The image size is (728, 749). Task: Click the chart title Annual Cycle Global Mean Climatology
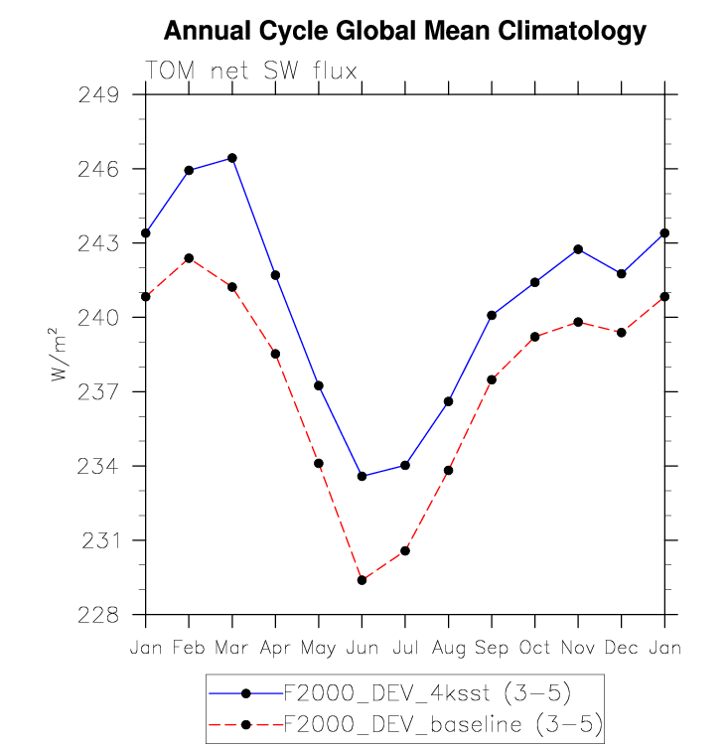(404, 32)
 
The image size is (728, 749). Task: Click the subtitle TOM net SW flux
(250, 70)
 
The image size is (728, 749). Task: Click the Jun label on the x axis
(362, 648)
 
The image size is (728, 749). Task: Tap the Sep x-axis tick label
(492, 648)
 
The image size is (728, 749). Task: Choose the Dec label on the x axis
(621, 648)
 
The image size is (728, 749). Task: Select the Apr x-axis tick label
(275, 648)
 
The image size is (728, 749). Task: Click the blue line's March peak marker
(232, 158)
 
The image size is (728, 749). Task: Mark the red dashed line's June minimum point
(362, 580)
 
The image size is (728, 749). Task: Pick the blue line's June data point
(362, 477)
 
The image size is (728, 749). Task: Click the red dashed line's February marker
(189, 258)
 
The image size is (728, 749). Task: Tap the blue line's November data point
(578, 248)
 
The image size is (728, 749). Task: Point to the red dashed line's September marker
(492, 379)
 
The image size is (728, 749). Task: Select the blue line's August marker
(449, 401)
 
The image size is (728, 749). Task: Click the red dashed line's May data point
(319, 463)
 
